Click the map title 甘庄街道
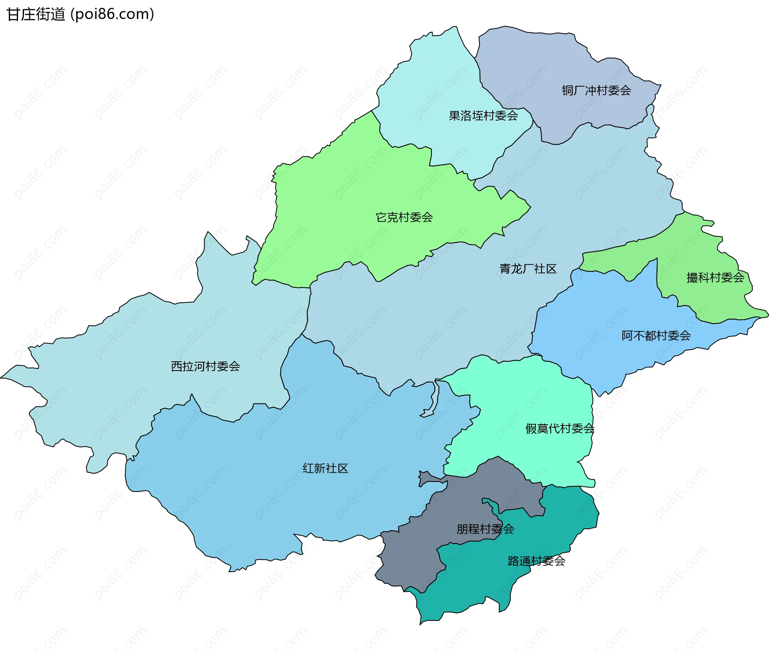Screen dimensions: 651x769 [36, 14]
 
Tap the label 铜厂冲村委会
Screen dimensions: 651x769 [596, 91]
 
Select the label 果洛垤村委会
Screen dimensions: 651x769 [483, 116]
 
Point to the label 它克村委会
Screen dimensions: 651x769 [404, 217]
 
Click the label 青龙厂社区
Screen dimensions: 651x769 [527, 268]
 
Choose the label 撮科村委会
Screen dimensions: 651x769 [715, 277]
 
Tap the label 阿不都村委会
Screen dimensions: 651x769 [656, 335]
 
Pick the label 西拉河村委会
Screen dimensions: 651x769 [205, 366]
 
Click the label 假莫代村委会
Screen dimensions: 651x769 [560, 428]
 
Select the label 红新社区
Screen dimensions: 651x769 [325, 468]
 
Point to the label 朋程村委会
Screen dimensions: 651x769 [485, 529]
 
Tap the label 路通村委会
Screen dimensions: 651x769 [536, 560]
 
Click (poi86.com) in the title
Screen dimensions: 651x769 [112, 14]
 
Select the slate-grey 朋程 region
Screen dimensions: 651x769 [409, 561]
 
